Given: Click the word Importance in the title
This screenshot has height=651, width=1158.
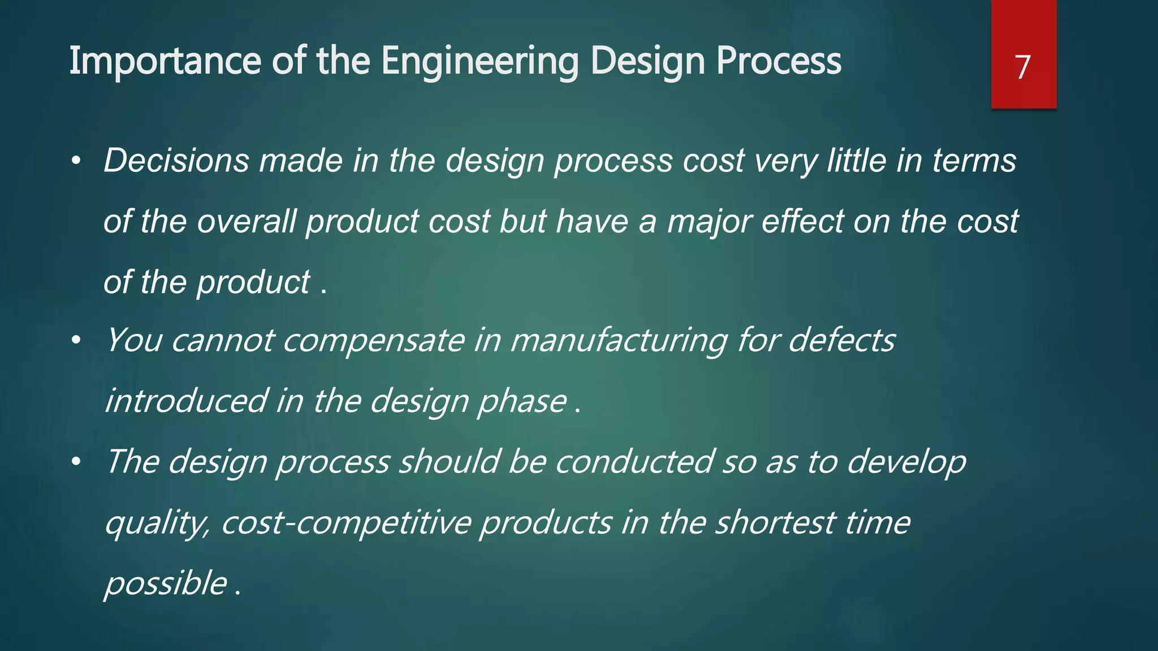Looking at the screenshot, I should point(164,61).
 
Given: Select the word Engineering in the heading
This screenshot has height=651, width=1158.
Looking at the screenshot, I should point(480,61).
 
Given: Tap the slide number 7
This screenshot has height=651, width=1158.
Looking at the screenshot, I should point(1022,67).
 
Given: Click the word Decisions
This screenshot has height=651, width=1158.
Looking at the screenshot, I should point(176,161).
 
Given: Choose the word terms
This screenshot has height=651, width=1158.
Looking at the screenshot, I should point(974,161).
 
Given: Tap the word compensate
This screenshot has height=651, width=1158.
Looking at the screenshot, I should point(373,341).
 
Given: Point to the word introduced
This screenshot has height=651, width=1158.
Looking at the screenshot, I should point(186,401).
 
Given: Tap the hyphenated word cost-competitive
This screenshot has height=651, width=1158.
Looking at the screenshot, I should point(346,523).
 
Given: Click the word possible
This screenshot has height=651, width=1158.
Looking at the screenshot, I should point(166,584).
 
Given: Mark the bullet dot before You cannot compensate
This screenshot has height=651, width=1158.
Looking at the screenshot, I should point(76,341).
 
